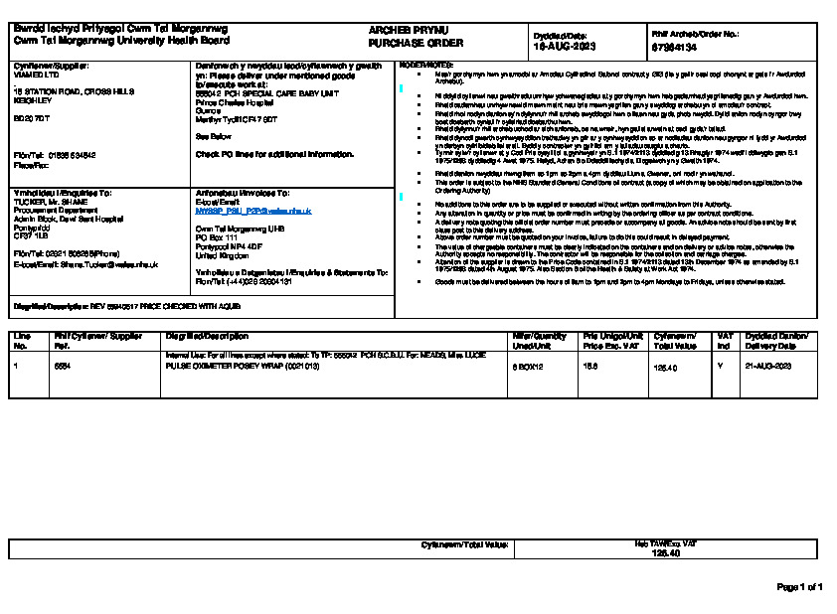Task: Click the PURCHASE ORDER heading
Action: coord(403,45)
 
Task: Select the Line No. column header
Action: coord(23,341)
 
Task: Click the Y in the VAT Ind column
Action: coord(721,367)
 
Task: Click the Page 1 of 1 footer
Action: coord(798,587)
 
